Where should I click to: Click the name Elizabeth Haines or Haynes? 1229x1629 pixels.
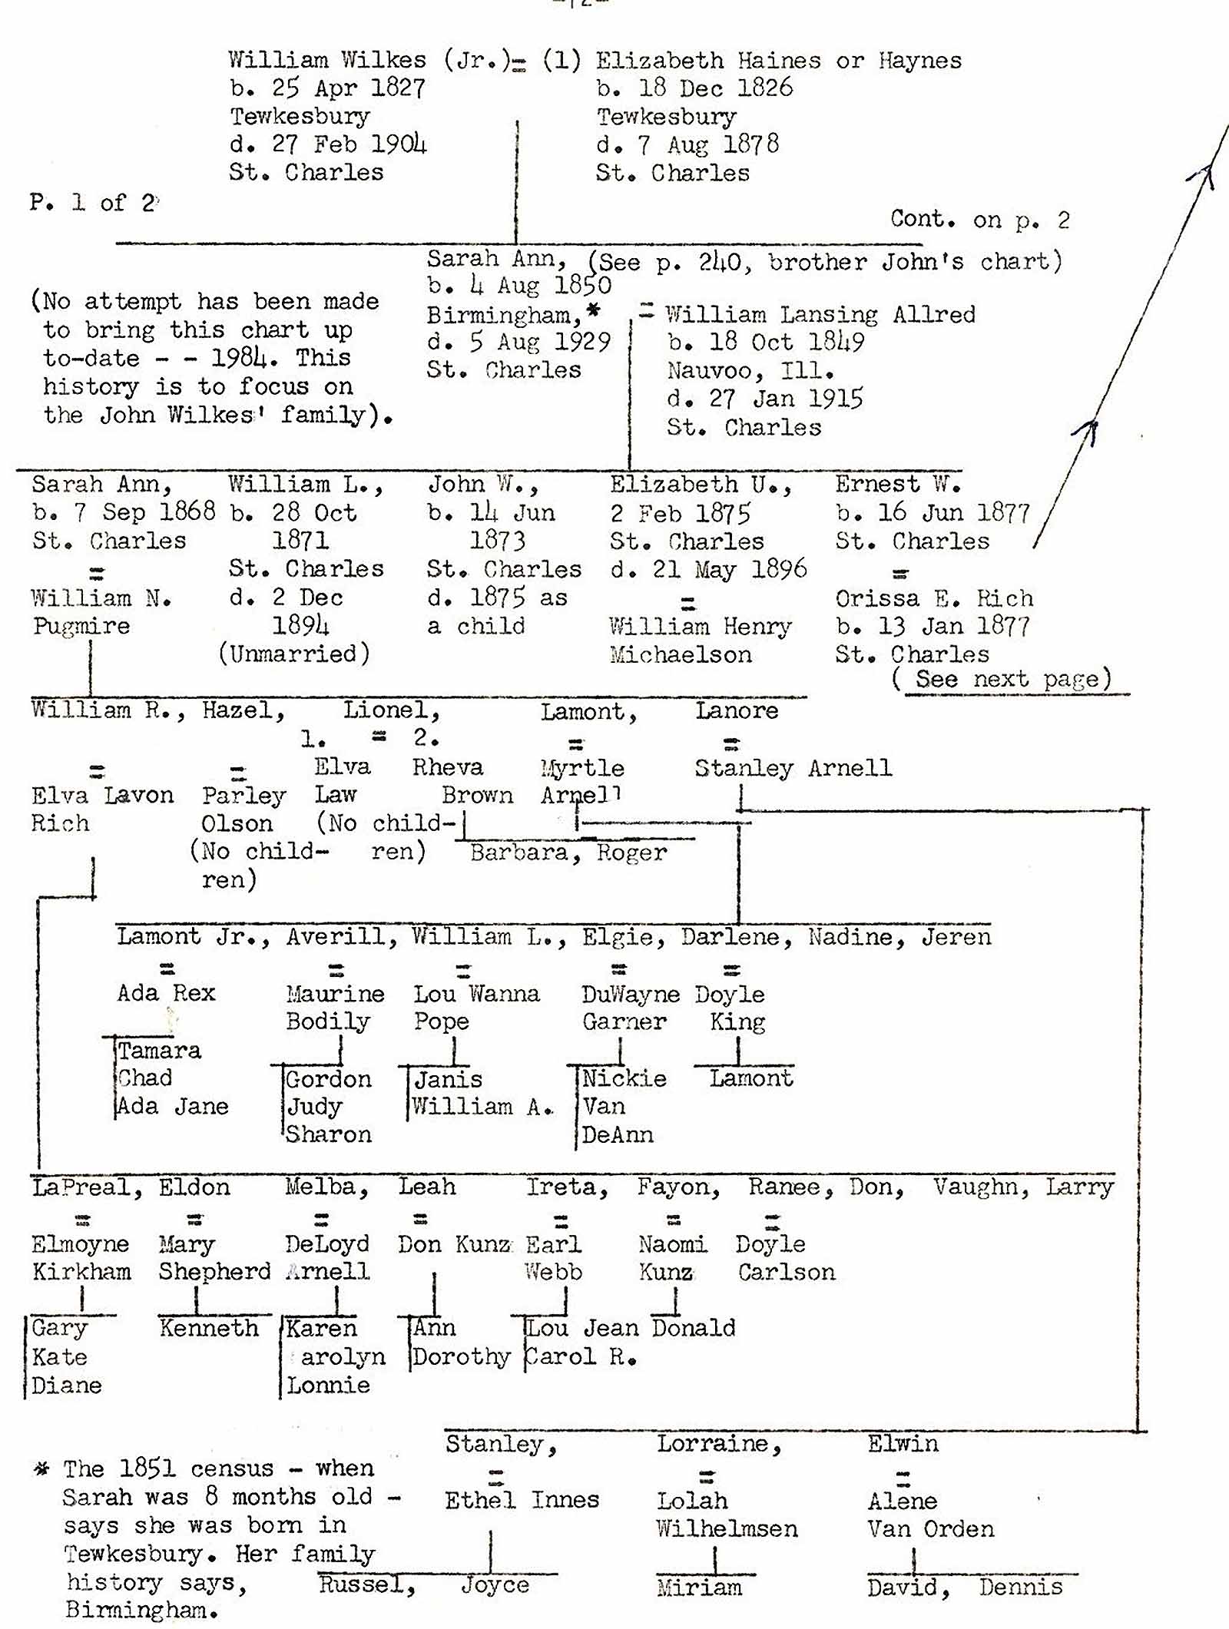coord(778,61)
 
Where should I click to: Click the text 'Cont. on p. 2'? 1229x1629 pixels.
coord(979,220)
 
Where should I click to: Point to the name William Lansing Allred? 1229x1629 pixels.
coord(820,315)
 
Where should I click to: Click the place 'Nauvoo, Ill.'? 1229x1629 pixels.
coord(750,372)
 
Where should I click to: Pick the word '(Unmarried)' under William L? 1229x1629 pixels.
coord(295,654)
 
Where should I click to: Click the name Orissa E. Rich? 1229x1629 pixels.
coord(934,599)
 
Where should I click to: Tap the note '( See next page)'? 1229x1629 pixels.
coord(1002,680)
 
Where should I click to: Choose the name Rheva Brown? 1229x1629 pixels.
coord(461,781)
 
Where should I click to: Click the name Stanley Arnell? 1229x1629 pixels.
coord(793,769)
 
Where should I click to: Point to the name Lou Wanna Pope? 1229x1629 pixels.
coord(476,1008)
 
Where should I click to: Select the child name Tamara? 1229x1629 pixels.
coord(159,1051)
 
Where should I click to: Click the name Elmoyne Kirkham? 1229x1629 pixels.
coord(81,1258)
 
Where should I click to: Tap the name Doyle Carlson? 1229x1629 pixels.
coord(785,1258)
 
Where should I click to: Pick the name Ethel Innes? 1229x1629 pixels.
coord(522,1500)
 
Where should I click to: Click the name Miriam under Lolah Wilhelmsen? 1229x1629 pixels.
coord(699,1588)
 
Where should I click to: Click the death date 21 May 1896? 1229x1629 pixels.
coord(708,570)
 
